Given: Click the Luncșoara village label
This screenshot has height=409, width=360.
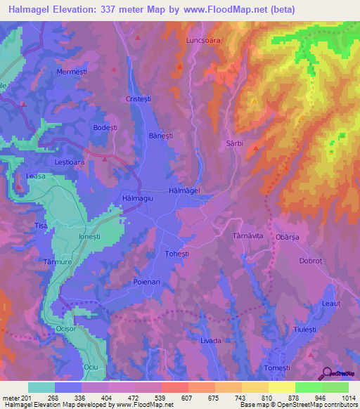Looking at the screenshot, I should point(203,41).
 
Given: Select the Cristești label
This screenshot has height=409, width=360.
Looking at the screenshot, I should point(139,99).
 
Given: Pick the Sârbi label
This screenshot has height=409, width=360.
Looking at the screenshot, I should point(235,142).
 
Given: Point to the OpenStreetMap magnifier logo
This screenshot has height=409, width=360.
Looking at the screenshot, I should point(326,372).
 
